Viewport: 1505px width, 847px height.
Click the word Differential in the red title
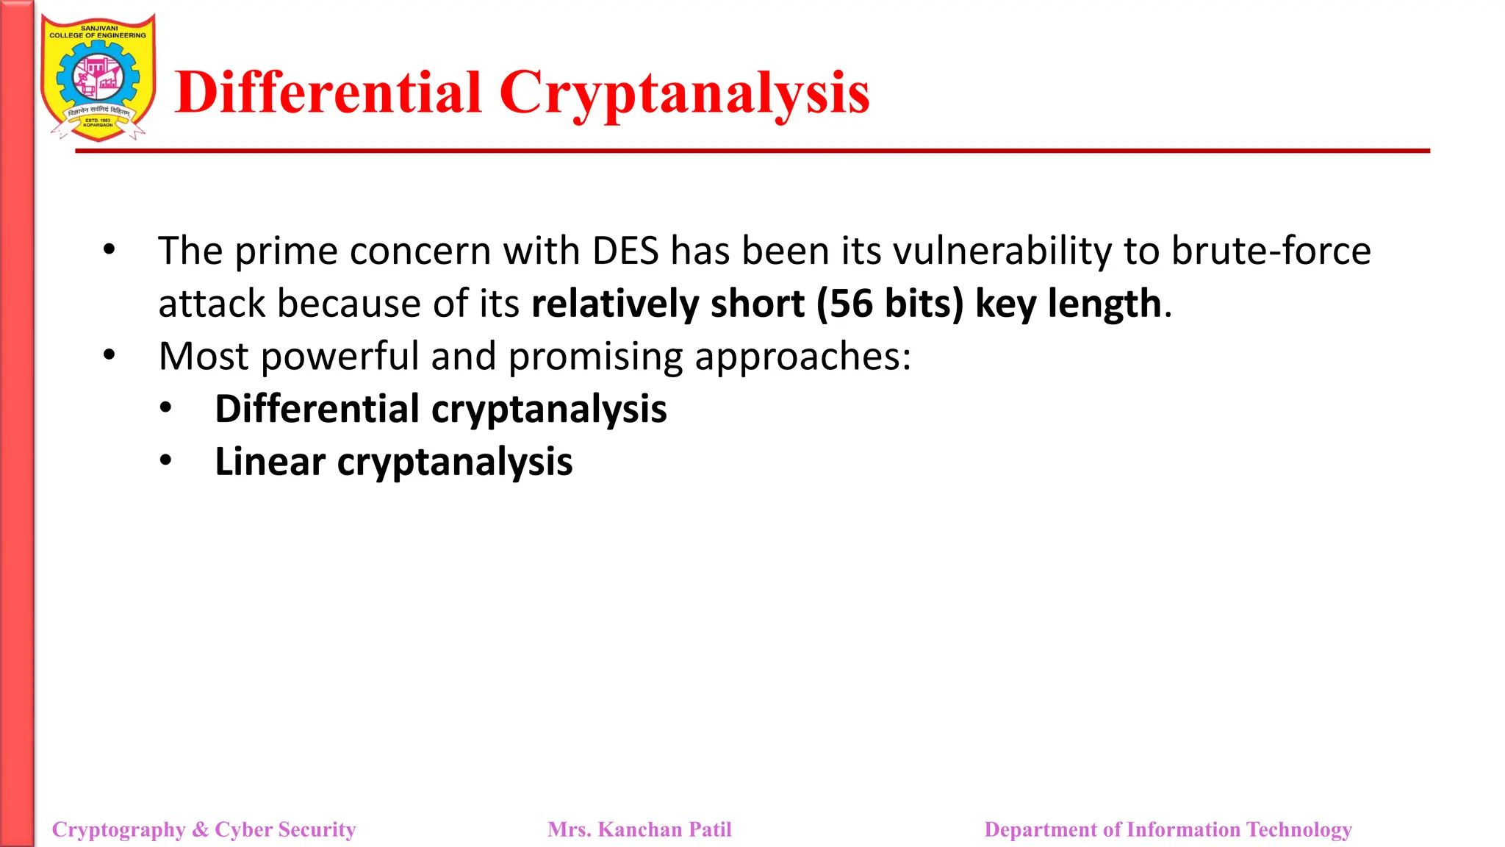328,93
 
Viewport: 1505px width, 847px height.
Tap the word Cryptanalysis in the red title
684,93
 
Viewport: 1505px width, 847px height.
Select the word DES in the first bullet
625,251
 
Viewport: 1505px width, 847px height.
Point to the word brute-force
1271,251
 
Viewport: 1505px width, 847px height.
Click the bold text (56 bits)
890,304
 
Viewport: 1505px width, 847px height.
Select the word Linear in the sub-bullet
270,462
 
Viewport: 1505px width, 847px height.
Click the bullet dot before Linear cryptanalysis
166,461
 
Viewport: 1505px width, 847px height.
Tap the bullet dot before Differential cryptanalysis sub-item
166,408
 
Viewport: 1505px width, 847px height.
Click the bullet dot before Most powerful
109,356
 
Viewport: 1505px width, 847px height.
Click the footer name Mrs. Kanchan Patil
639,829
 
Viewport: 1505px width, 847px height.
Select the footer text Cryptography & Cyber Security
204,829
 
